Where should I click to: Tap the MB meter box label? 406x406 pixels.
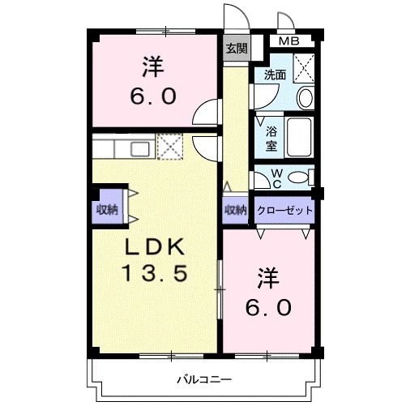click(x=288, y=41)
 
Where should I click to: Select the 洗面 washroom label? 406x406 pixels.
click(x=275, y=75)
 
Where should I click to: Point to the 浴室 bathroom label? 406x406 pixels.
click(x=268, y=138)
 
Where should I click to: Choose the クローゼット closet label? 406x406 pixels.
click(x=284, y=209)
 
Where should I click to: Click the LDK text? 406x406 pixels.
click(x=155, y=247)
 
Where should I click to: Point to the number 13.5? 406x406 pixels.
click(x=155, y=273)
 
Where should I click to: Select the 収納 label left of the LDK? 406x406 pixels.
click(x=107, y=209)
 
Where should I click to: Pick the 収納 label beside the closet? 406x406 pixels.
click(x=236, y=209)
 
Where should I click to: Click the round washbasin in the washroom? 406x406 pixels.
click(x=304, y=98)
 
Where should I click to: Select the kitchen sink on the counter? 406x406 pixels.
click(x=139, y=148)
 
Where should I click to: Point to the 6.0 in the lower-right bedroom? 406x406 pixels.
click(x=269, y=309)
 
